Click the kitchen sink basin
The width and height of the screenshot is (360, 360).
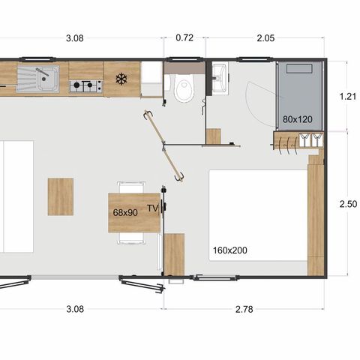coord(43,75)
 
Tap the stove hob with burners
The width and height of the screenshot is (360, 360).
coord(85,86)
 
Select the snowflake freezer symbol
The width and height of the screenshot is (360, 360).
coord(121,79)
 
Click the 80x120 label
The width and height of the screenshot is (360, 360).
coord(298,119)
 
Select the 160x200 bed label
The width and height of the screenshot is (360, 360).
coord(229,248)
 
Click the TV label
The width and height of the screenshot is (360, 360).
coord(153,208)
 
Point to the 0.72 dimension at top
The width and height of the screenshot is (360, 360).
coord(184,37)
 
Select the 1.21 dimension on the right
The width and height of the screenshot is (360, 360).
coord(346,96)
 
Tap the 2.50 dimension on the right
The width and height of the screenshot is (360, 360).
coord(346,204)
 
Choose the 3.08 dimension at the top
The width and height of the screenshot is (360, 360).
coord(79,37)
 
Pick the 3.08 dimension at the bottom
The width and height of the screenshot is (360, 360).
coord(79,308)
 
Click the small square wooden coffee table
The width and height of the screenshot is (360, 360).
coord(61,196)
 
